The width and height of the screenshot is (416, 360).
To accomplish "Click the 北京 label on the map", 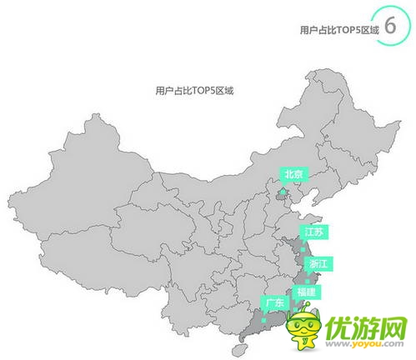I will [293, 174].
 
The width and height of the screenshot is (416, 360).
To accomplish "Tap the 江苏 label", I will [314, 231].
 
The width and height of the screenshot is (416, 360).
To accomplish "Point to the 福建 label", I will [306, 292].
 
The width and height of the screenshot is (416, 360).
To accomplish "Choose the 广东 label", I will [274, 302].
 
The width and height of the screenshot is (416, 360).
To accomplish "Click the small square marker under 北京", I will [283, 192].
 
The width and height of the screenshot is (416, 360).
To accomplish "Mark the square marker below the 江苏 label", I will [303, 248].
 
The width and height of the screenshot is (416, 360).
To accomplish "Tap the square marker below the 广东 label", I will [263, 319].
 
